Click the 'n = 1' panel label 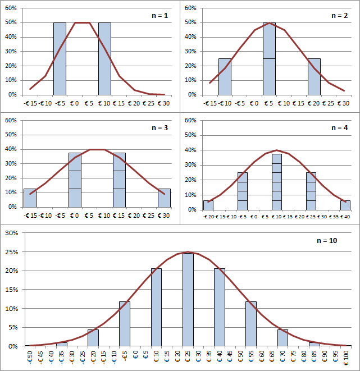(x=160, y=16)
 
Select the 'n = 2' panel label (x=339, y=16)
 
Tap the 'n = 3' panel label (x=160, y=128)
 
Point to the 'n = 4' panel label (x=339, y=128)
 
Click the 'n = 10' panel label (x=327, y=241)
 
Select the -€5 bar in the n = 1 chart (x=60, y=59)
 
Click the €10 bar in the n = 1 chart (x=104, y=59)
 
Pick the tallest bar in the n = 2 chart (x=270, y=59)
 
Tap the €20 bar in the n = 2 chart (x=314, y=77)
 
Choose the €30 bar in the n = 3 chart (x=164, y=198)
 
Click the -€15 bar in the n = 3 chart (x=30, y=198)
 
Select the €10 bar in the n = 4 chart (x=277, y=182)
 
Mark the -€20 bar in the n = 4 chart (x=208, y=205)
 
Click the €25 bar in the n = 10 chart (x=188, y=300)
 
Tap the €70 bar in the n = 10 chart (x=282, y=338)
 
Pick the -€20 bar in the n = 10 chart (x=93, y=338)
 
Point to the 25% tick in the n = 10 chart (x=12, y=252)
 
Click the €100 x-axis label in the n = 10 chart (x=346, y=358)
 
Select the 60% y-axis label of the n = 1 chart (x=11, y=8)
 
